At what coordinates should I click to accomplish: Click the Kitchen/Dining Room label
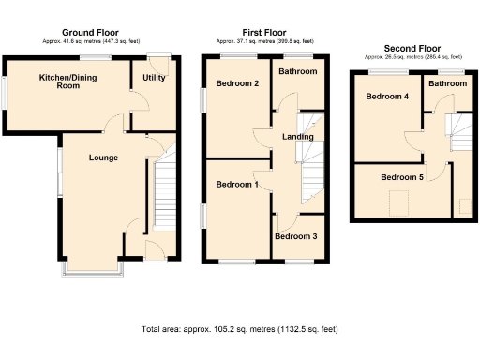coord(67,81)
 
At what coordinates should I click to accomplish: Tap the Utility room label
coord(154,78)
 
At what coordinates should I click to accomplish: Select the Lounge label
coord(103,157)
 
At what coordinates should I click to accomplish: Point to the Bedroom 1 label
coord(236,185)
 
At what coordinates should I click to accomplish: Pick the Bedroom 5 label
coord(402,175)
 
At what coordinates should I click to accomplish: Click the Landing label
coord(297,138)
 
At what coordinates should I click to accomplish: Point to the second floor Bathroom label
coord(448,84)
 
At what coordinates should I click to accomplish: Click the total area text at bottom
coord(239,329)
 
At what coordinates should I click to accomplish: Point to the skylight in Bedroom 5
coord(399,201)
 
